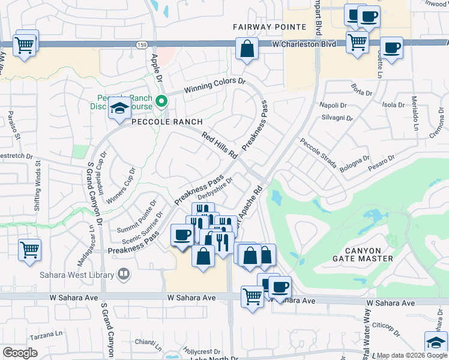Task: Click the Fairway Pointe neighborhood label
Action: (x=270, y=27)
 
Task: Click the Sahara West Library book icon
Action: (x=123, y=275)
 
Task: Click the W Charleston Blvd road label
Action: (x=300, y=44)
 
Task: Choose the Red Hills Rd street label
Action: (x=220, y=146)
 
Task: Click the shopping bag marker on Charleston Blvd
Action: (x=247, y=50)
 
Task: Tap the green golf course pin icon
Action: (x=161, y=101)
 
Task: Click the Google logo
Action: (x=20, y=352)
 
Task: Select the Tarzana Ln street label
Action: (x=47, y=334)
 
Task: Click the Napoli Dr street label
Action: (x=333, y=105)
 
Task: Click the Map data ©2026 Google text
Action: (x=412, y=355)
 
